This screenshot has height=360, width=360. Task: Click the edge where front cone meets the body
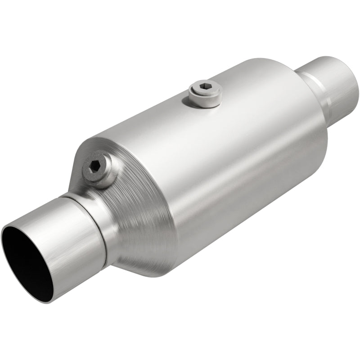pyautogui.click(x=173, y=225)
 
